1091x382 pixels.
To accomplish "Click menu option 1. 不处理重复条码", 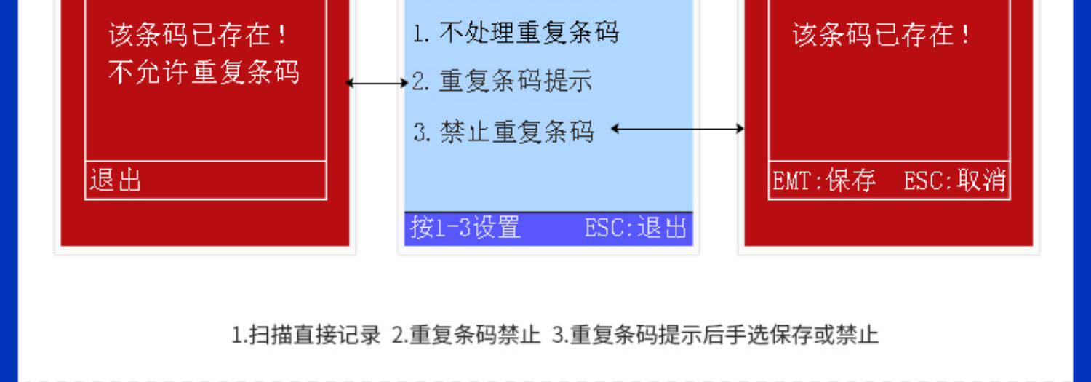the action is (x=516, y=33).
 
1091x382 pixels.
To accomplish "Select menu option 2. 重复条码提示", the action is (x=502, y=81).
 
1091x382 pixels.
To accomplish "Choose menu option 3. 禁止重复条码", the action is (x=503, y=131).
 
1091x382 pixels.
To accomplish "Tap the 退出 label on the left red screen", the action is (x=115, y=180).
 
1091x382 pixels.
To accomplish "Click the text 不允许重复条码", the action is (x=204, y=72).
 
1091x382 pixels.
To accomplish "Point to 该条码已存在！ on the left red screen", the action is (x=198, y=34).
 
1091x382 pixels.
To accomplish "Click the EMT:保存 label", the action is (x=823, y=180).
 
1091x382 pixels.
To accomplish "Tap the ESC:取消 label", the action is (x=954, y=180).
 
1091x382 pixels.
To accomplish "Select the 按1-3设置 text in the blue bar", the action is (x=465, y=228).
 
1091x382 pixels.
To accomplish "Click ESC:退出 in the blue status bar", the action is (x=636, y=228).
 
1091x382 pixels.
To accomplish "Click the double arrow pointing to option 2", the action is (x=377, y=83).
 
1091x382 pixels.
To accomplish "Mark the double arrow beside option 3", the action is (x=677, y=130).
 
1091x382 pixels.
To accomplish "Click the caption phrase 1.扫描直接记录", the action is (x=306, y=335).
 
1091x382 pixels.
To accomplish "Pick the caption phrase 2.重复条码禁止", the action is (x=466, y=335).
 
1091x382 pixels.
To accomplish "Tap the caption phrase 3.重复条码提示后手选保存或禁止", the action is (x=715, y=335).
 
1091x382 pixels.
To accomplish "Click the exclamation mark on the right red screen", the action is (x=965, y=34).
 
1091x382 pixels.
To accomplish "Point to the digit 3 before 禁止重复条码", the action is (x=420, y=132).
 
